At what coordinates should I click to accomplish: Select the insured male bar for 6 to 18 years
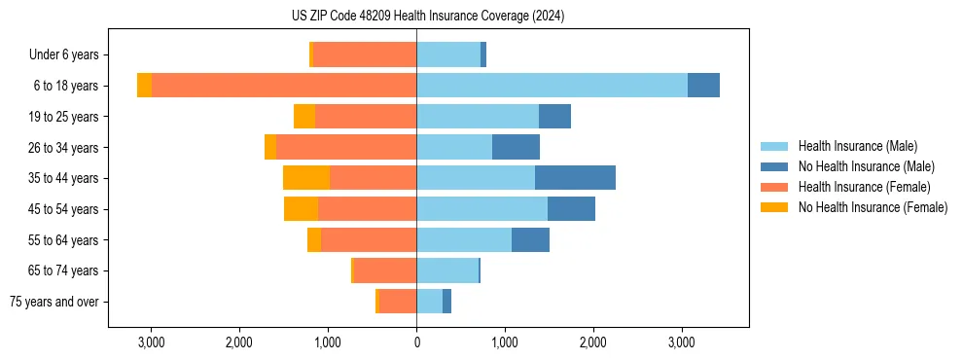coord(552,86)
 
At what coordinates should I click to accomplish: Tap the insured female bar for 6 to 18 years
coord(284,86)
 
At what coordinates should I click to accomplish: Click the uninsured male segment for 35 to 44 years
coord(575,178)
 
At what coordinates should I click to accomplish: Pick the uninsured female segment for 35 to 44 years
coord(306,178)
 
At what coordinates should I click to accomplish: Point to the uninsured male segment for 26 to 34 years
coord(516,147)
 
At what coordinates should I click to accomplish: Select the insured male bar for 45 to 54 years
coord(481,208)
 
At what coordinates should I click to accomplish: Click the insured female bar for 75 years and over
coord(398,302)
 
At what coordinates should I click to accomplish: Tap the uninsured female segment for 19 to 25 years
coord(304,117)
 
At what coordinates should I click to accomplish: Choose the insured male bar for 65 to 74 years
coord(447,270)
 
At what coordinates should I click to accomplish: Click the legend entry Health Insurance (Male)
coord(857,146)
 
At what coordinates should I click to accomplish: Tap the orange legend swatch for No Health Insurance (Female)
coord(774,207)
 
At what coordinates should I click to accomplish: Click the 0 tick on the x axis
coord(416,342)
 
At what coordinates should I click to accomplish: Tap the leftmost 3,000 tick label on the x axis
coord(151,342)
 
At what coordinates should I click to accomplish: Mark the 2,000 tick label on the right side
coord(593,342)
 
